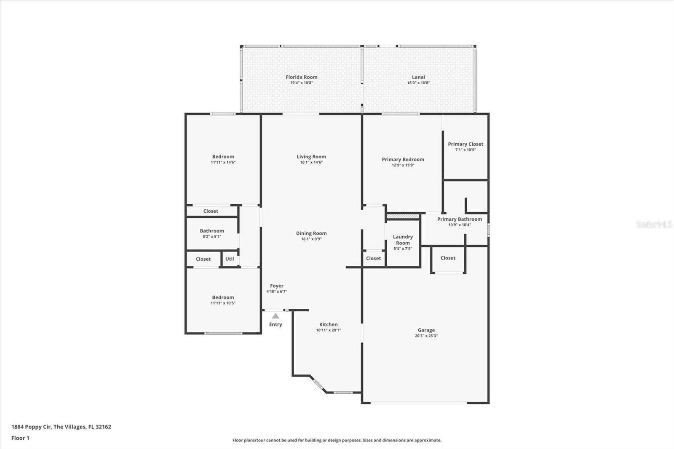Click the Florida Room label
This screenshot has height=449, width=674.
point(302,77)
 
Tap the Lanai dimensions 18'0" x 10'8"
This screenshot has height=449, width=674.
point(419,83)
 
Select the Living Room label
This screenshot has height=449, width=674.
point(311,157)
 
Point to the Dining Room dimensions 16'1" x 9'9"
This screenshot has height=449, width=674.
point(311,239)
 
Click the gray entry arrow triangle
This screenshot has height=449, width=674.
point(275,316)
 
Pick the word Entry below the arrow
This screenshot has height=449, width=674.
point(275,324)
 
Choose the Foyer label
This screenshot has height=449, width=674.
point(277,286)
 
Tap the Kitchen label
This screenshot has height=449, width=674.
point(329,324)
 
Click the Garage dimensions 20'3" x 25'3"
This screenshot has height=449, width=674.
point(426,336)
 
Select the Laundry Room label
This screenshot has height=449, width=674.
point(403,240)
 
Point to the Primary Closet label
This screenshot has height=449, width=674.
point(465,144)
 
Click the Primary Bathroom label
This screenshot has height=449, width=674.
point(460,219)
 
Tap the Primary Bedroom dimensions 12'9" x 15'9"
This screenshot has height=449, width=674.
point(403,165)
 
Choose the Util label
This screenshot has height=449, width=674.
point(230,259)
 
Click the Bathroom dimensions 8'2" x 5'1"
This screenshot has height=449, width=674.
point(212,237)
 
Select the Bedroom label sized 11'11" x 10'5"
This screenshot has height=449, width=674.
point(223,297)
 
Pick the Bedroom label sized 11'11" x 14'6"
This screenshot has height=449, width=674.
point(223,157)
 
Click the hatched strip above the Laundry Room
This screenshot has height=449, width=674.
point(403,216)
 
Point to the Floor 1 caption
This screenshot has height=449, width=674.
point(21,438)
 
